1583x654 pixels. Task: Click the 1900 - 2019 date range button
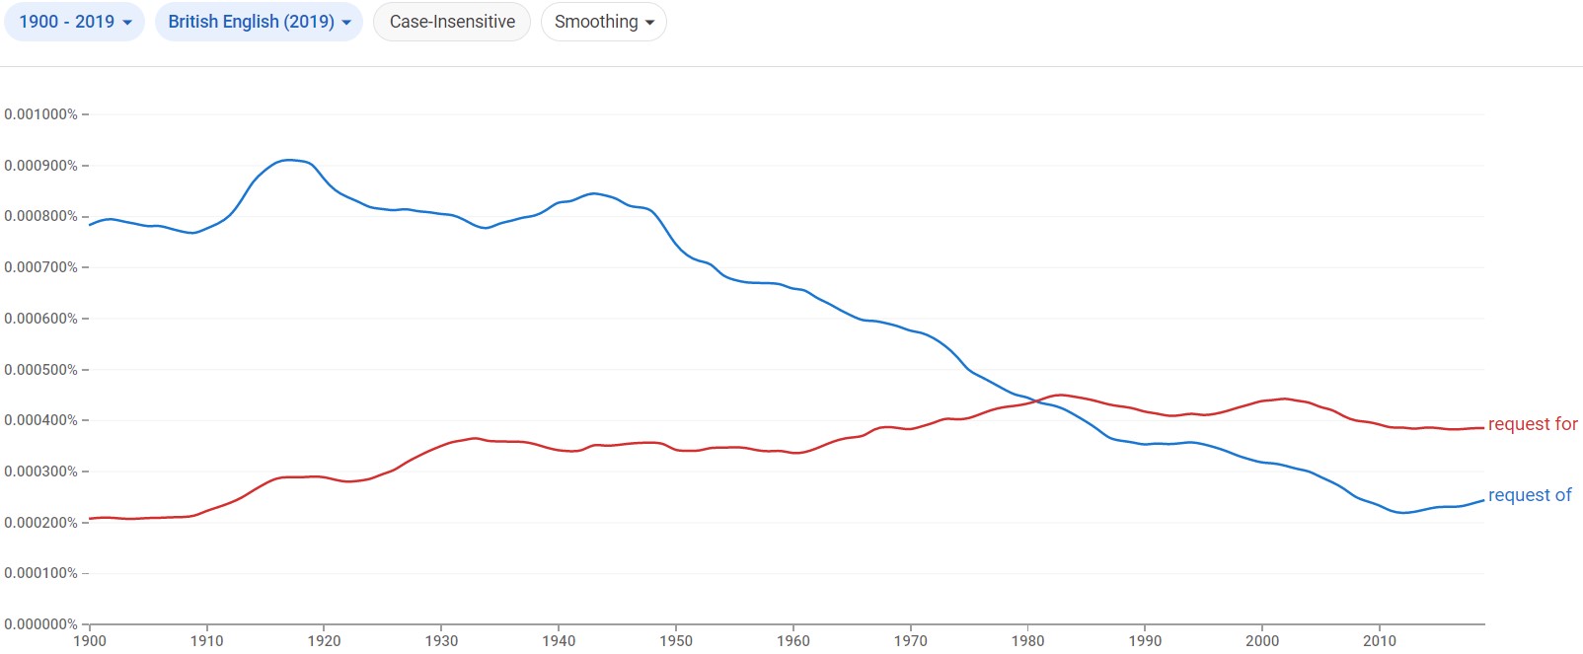[x=75, y=22]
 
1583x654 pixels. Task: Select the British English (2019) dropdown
[x=259, y=22]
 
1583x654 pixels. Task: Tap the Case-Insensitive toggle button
[x=452, y=22]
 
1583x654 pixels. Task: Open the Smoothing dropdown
[x=603, y=22]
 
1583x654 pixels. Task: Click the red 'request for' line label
[x=1532, y=424]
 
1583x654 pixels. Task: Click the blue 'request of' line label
[x=1529, y=495]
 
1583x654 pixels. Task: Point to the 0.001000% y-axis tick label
[x=40, y=114]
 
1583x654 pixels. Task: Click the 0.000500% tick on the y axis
[x=40, y=370]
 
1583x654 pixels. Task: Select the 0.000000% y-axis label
[x=40, y=624]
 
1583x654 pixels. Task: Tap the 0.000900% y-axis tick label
[x=40, y=166]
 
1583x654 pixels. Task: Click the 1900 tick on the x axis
[x=90, y=641]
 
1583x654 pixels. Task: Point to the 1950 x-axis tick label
[x=676, y=641]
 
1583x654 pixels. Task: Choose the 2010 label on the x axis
[x=1380, y=641]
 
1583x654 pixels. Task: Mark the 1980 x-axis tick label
[x=1027, y=641]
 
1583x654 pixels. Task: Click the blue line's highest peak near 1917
[x=288, y=160]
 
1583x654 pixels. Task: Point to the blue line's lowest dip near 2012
[x=1402, y=513]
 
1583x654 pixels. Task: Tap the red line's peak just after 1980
[x=1060, y=395]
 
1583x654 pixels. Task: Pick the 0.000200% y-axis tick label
[x=40, y=523]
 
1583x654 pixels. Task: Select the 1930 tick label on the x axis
[x=441, y=641]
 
